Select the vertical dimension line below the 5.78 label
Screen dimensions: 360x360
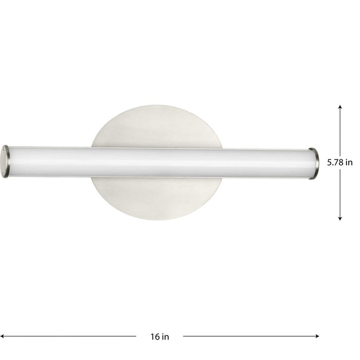(340, 195)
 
